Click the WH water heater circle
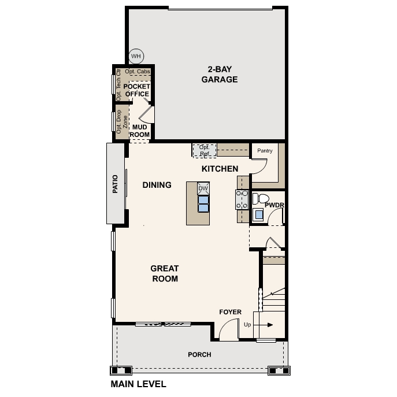tap(136, 56)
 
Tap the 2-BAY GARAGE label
tap(220, 74)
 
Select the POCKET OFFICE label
tap(137, 90)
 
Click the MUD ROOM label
tap(140, 131)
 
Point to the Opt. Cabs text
tap(138, 72)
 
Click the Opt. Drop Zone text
tap(122, 122)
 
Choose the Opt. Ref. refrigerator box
tap(205, 151)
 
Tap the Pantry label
tap(265, 151)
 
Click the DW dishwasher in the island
tap(203, 188)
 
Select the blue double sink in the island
tap(203, 204)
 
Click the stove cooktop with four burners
tap(242, 199)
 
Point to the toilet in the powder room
tap(261, 199)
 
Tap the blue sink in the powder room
tap(259, 215)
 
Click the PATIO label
tap(115, 184)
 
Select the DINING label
tap(157, 185)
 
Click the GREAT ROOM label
tap(165, 273)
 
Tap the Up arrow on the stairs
tap(264, 325)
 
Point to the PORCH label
tap(199, 355)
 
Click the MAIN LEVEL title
tap(139, 384)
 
